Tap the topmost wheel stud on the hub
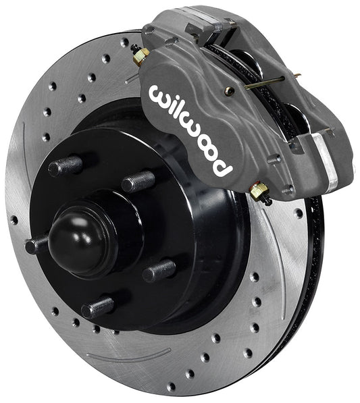pos(66,165)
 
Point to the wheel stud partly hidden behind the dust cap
pos(37,244)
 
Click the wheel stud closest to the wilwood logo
pos(138,181)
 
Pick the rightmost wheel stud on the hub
pos(158,270)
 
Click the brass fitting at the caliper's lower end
pos(259,192)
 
